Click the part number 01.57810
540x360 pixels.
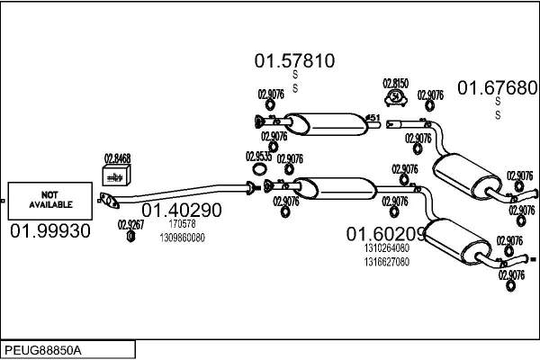click(x=294, y=61)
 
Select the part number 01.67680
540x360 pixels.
click(x=498, y=87)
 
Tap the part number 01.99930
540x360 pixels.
click(x=50, y=231)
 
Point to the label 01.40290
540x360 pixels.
click(x=181, y=211)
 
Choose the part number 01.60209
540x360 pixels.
click(x=386, y=233)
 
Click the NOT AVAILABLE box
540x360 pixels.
click(x=50, y=200)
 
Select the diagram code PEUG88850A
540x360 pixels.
click(x=45, y=348)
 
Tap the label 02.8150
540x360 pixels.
click(x=395, y=83)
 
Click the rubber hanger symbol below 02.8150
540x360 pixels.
click(x=395, y=96)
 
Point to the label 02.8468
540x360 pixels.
click(x=117, y=158)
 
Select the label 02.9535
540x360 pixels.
click(x=258, y=156)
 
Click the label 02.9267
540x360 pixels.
click(x=130, y=225)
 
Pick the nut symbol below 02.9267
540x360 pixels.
click(x=130, y=237)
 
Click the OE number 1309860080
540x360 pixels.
click(x=182, y=238)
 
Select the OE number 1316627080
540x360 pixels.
click(x=387, y=262)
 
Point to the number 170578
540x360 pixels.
click(x=182, y=224)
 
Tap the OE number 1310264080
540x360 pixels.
click(x=387, y=248)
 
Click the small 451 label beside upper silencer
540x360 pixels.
click(x=373, y=117)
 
